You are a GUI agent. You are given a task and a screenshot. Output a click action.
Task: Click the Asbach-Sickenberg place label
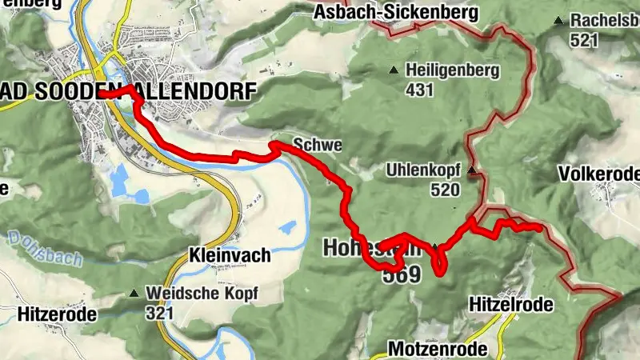tap(396, 13)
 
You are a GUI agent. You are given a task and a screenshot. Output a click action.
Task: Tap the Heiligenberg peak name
tap(452, 70)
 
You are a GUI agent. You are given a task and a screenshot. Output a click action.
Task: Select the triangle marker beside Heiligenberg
tap(393, 71)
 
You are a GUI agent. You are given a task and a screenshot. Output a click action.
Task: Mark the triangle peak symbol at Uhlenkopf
tap(472, 170)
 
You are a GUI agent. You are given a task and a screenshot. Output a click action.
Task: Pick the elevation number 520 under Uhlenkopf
tap(444, 190)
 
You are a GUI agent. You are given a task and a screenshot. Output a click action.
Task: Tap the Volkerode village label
tap(600, 174)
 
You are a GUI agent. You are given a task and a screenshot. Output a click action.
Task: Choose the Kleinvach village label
tap(230, 256)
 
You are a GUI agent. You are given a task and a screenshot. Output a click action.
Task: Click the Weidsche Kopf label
tap(202, 293)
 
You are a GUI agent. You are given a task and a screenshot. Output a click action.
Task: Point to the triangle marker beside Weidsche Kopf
tap(134, 294)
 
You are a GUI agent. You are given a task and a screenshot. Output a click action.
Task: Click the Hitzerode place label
tap(48, 314)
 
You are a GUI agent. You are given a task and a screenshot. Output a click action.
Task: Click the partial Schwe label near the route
tap(318, 146)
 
